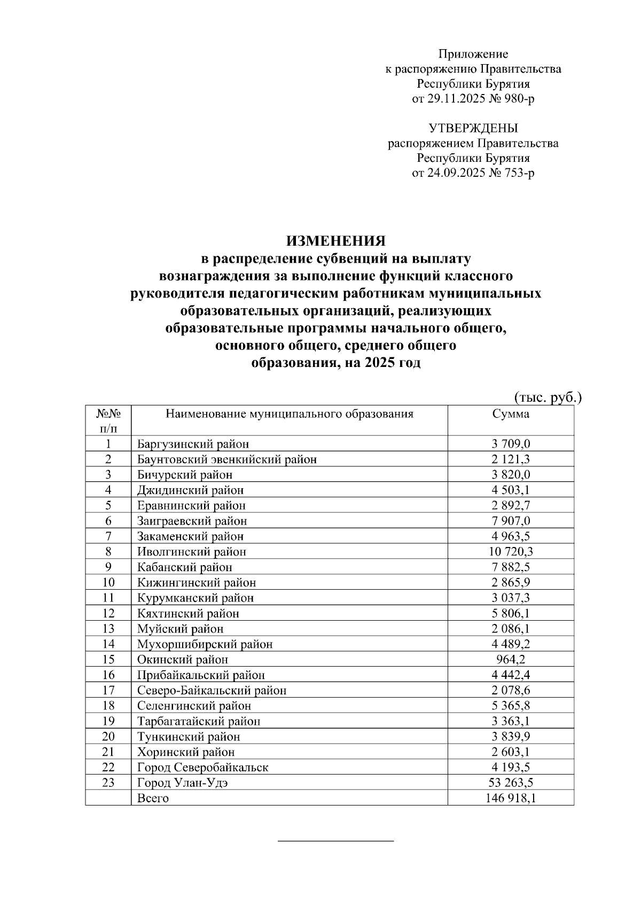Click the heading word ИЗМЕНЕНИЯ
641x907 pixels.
pos(335,241)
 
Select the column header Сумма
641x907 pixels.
pos(511,414)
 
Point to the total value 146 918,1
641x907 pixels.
pos(511,799)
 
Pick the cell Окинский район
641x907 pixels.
pos(182,660)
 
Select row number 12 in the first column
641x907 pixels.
pos(108,613)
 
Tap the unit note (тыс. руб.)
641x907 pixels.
pos(548,398)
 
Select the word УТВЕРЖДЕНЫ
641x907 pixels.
pos(473,128)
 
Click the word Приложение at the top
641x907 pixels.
pos(473,54)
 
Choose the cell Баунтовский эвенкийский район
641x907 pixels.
pos(226,459)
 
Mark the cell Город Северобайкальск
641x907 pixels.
pos(202,768)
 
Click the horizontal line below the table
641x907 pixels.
pos(335,842)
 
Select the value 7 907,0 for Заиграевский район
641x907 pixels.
pos(511,521)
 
